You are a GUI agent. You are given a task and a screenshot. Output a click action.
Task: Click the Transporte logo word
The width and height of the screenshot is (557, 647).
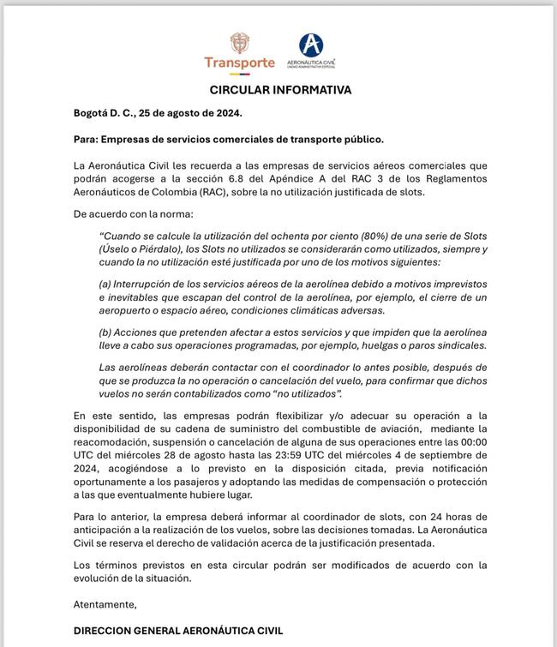(x=239, y=63)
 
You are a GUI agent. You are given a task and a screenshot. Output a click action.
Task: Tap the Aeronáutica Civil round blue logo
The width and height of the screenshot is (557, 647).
(x=310, y=45)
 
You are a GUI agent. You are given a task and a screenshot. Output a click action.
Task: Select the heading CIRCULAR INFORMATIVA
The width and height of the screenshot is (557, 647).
(x=280, y=90)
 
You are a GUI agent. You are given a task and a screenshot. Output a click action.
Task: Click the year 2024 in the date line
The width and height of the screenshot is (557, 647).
(x=225, y=113)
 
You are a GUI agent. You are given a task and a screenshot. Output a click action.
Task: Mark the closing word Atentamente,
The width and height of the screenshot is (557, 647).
(x=105, y=604)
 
